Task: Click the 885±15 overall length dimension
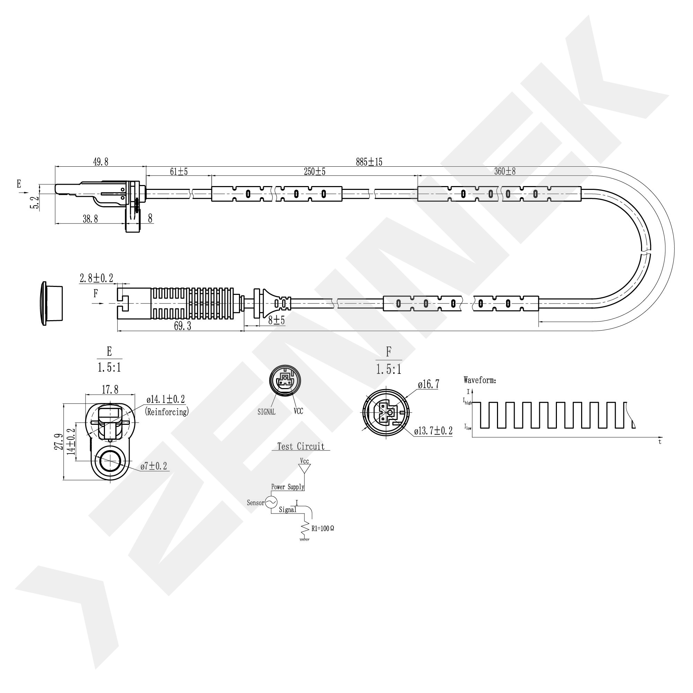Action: [x=369, y=162]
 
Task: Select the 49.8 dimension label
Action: [x=100, y=162]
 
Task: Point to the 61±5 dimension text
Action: [x=179, y=172]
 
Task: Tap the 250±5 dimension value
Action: [x=314, y=172]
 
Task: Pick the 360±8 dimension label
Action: [x=505, y=172]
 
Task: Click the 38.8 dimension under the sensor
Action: [x=90, y=219]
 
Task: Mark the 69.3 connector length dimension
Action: [x=182, y=326]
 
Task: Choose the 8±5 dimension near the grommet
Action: [x=276, y=320]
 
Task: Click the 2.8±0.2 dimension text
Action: [x=96, y=278]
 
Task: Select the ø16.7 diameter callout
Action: [x=428, y=385]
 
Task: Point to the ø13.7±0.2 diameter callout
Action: [x=433, y=431]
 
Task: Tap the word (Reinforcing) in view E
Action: [x=167, y=412]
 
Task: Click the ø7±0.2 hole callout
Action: [x=153, y=466]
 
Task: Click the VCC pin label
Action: [x=298, y=411]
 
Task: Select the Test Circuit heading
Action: [x=301, y=447]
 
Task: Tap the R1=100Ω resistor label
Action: [x=322, y=529]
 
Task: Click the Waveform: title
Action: [x=480, y=380]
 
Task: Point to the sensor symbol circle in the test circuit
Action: [x=271, y=502]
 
